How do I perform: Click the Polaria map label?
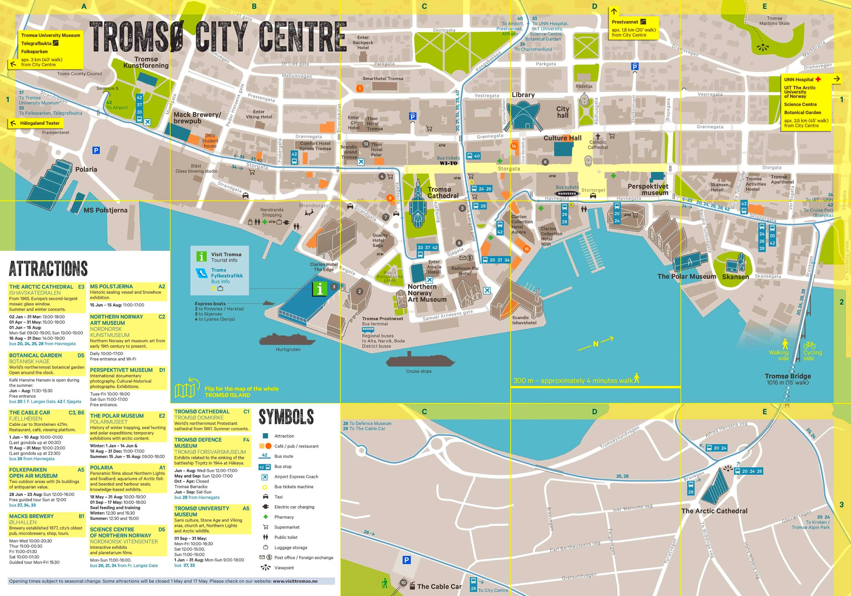point(86,170)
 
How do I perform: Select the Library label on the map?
point(523,95)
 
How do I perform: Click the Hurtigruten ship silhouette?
point(288,339)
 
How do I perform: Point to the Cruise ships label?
point(418,371)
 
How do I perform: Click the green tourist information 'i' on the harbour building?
point(320,289)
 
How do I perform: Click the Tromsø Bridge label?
point(788,376)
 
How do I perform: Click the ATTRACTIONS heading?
point(48,269)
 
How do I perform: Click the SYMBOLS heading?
point(286,417)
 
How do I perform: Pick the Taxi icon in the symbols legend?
point(265,497)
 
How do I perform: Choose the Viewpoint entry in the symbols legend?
point(284,568)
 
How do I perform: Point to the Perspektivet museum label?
point(648,189)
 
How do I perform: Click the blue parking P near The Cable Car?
point(407,560)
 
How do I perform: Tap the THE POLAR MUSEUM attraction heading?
point(116,416)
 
